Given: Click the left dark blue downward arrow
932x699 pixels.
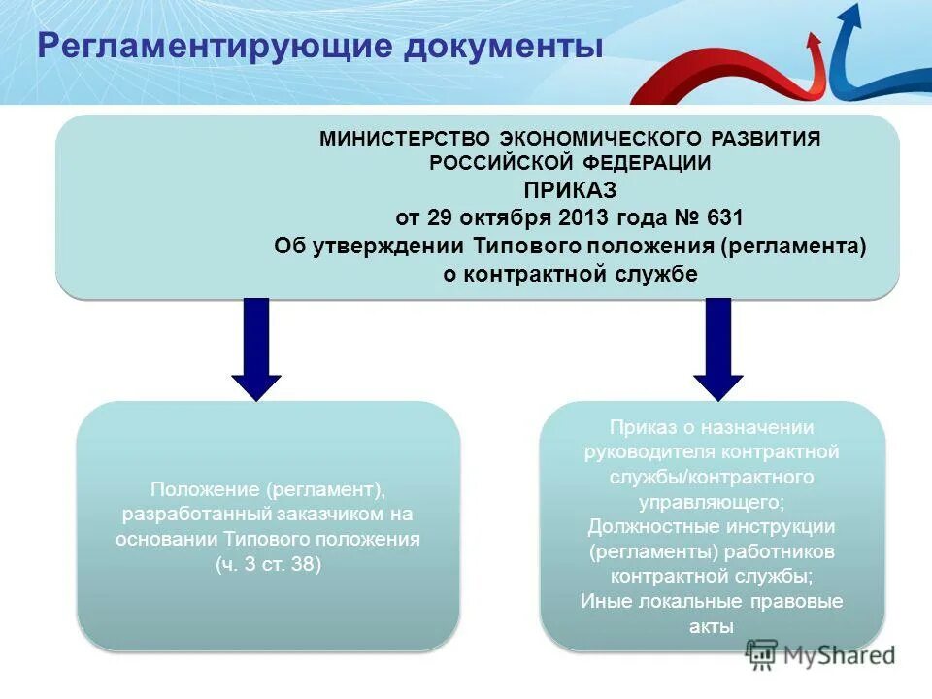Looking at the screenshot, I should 256,349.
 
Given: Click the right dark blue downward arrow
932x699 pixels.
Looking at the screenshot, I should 717,349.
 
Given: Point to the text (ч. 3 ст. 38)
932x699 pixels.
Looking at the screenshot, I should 268,564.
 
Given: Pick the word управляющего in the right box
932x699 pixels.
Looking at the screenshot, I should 711,502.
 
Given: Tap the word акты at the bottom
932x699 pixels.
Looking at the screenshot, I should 711,626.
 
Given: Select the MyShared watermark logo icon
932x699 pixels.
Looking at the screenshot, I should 763,655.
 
